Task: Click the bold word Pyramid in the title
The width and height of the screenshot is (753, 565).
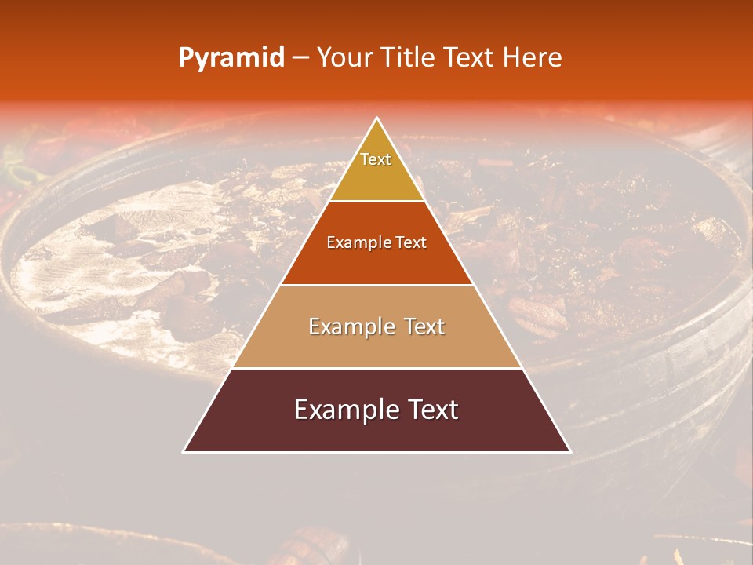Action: [x=231, y=58]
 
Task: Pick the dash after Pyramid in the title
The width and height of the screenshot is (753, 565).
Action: [x=300, y=58]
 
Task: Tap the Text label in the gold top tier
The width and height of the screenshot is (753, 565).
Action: [x=376, y=159]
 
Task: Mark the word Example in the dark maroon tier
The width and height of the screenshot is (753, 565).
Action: [x=338, y=410]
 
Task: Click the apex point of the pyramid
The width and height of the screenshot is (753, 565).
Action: [x=377, y=118]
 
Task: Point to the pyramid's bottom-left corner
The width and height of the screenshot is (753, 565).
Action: [x=184, y=451]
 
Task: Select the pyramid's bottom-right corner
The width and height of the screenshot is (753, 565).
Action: [x=570, y=451]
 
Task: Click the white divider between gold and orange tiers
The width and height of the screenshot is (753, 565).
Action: [x=377, y=202]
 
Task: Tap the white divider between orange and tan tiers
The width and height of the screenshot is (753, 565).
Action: [x=377, y=285]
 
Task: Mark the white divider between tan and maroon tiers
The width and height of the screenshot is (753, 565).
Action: [x=377, y=368]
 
